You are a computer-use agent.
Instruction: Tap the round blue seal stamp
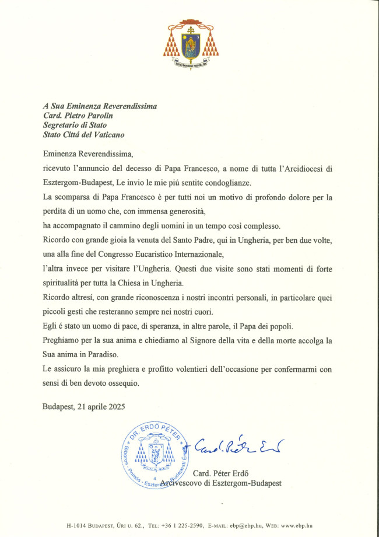point(155,452)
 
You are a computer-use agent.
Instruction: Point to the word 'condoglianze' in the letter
point(227,183)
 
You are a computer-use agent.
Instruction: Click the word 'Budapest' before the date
point(58,406)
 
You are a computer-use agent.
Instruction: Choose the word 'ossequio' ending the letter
point(122,382)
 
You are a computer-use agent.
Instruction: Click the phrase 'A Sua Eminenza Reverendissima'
point(100,106)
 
